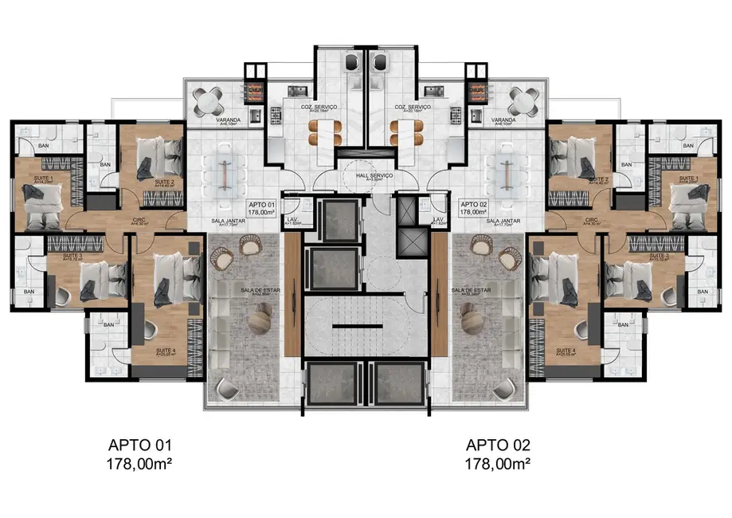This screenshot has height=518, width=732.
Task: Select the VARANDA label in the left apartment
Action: coord(210,120)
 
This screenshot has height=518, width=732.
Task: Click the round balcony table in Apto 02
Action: coord(522,102)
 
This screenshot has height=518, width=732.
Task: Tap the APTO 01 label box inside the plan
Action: coord(261,209)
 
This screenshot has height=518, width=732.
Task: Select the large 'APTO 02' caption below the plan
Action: coord(498,445)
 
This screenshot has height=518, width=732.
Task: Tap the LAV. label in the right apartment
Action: coord(438,220)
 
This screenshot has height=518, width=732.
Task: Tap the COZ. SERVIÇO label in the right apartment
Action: coord(412,107)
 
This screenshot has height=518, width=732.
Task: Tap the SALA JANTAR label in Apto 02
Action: coord(503,220)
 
